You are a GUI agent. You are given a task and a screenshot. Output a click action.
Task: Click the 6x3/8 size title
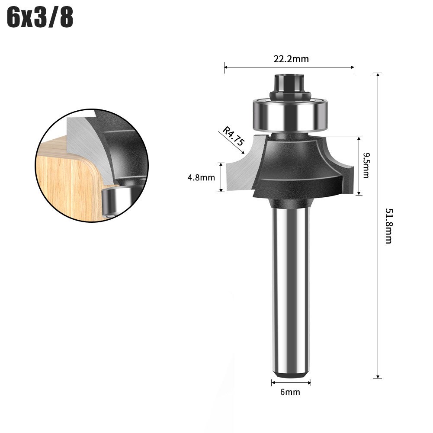pos(40,18)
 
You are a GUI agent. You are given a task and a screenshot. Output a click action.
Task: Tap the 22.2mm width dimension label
pos(291,59)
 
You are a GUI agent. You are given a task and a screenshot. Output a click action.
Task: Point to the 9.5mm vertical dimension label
pos(366,165)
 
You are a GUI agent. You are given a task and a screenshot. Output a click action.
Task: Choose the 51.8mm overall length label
pos(388,225)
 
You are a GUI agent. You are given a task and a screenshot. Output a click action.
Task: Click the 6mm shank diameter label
pos(290,392)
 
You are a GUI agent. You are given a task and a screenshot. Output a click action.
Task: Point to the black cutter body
pos(294,169)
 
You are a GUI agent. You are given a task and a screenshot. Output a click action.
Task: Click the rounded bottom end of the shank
pos(290,373)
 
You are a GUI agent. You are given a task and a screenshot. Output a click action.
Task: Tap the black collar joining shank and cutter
pos(290,203)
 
